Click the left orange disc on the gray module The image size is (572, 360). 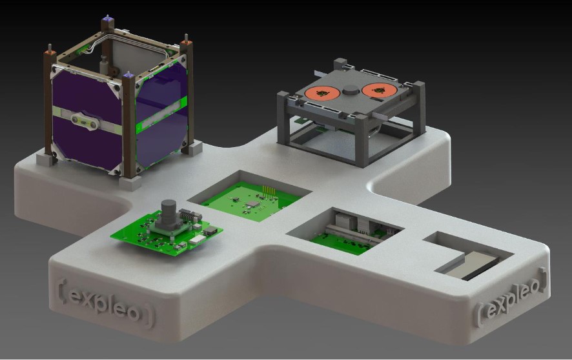click(323, 93)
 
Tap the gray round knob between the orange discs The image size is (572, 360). click(351, 90)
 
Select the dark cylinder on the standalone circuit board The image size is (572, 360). click(169, 213)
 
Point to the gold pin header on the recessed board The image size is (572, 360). click(268, 192)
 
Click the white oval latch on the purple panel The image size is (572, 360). click(85, 121)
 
